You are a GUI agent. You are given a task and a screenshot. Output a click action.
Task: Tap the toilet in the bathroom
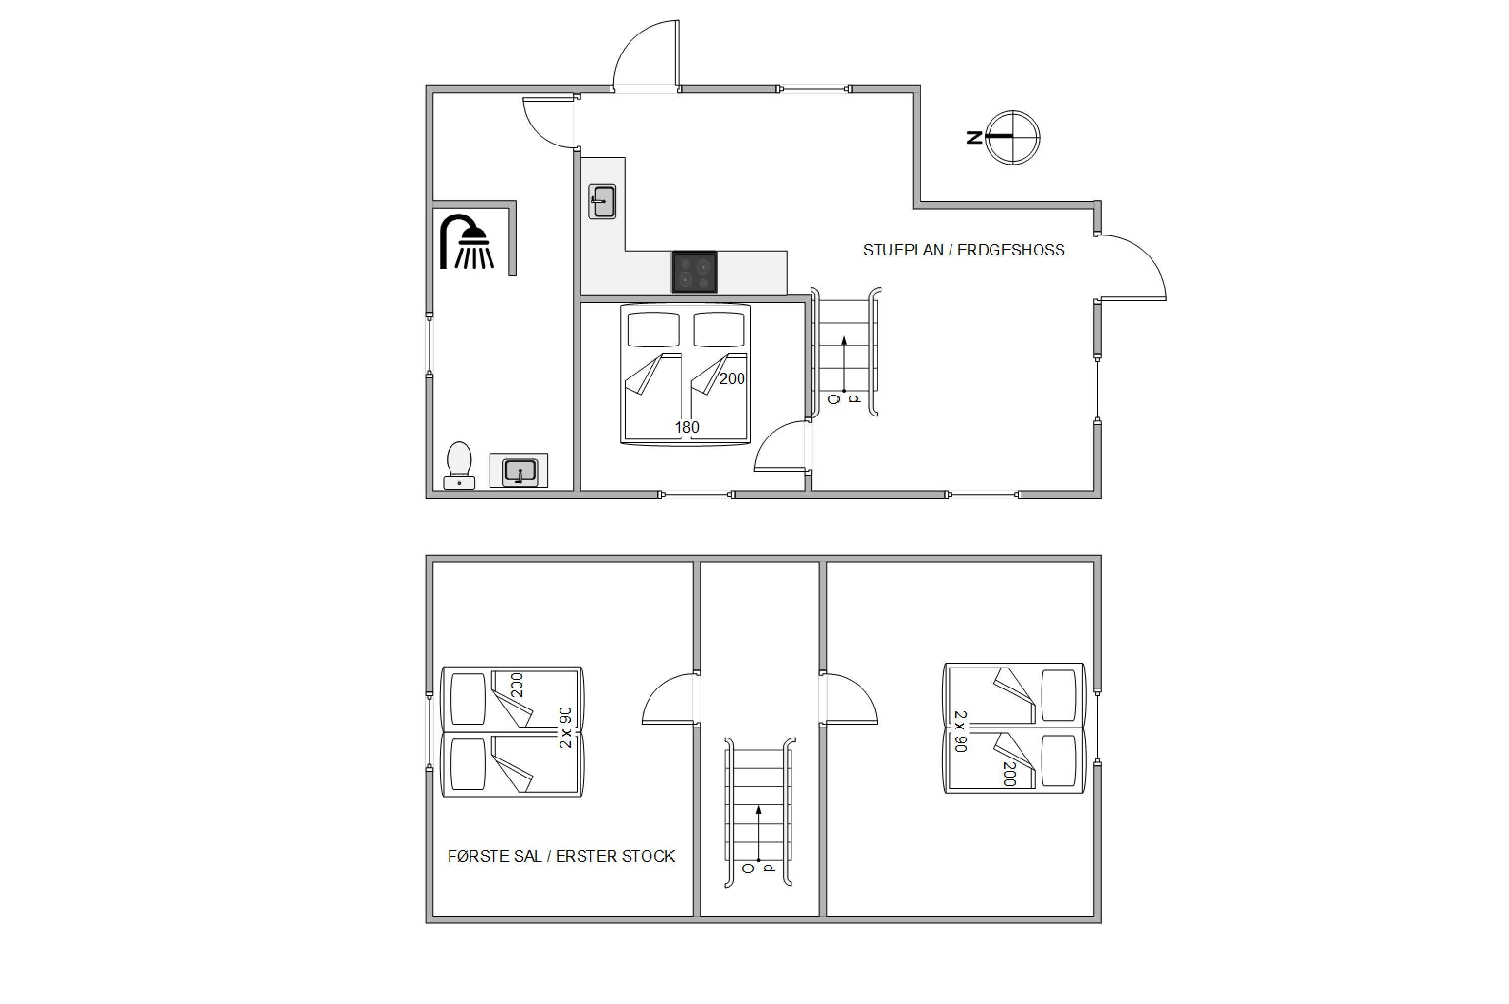pos(459,466)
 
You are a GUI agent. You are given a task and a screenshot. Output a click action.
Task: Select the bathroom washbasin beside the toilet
pos(520,471)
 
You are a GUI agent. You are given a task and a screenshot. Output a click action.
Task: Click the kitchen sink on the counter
pos(602,202)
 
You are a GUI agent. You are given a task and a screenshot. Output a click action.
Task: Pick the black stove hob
pos(694,272)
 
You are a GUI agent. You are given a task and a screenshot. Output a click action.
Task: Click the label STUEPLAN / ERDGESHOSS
pos(963,250)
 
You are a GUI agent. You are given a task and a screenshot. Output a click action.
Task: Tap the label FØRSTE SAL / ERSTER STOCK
pos(561,857)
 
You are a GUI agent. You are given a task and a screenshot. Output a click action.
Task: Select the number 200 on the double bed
pos(732,379)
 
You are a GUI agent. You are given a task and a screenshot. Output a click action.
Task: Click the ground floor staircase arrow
pos(844,363)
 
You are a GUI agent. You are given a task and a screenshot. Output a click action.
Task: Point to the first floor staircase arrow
pos(759,833)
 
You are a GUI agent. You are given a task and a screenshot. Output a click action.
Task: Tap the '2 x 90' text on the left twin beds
pos(565,728)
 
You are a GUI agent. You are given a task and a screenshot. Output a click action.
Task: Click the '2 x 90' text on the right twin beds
pos(961,731)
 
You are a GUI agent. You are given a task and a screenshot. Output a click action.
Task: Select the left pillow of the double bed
pos(653,330)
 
